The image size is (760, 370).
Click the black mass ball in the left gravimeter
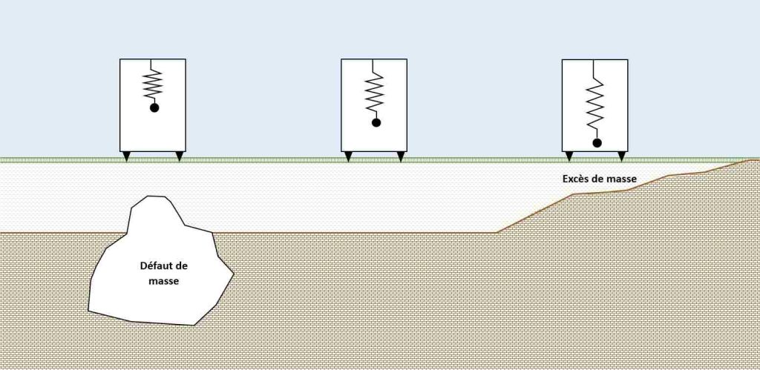tap(154, 108)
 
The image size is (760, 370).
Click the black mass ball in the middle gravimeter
tap(376, 123)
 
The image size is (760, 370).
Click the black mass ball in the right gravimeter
tap(597, 143)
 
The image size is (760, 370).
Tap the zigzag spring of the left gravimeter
tap(153, 85)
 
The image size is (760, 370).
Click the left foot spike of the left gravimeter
tap(126, 156)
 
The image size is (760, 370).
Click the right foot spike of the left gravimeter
tap(180, 156)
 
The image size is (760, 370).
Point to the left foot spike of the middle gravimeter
tap(348, 156)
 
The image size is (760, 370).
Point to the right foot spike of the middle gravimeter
tap(400, 156)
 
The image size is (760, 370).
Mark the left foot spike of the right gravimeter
tap(569, 156)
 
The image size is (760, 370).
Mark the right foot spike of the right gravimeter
tap(621, 156)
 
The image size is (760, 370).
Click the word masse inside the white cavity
tap(164, 281)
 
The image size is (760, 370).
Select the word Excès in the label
tap(575, 179)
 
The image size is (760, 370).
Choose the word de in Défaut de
tap(182, 266)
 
